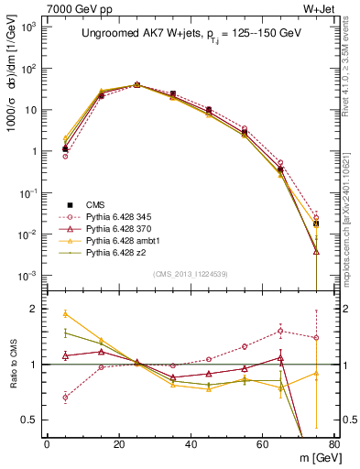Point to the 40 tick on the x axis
point(190,444)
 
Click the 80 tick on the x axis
point(333,444)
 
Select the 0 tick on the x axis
point(47,444)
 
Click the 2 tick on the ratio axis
point(34,309)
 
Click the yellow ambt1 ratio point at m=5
point(65,313)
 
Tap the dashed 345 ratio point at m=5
point(65,397)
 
